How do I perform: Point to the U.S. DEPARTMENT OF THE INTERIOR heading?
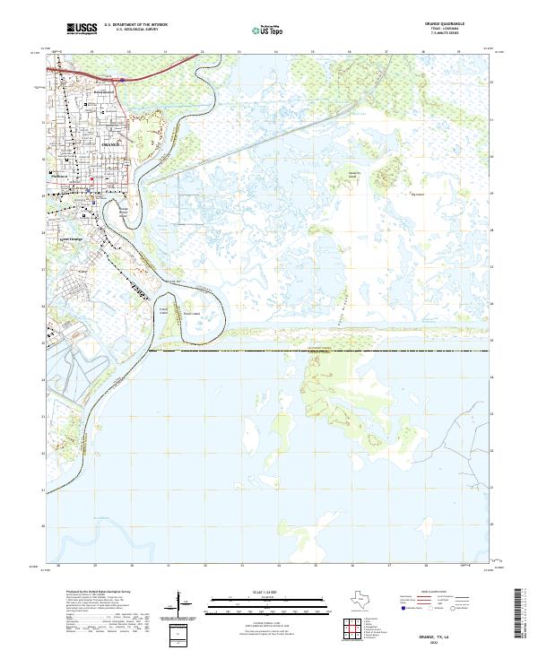(135, 25)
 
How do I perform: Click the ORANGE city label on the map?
(110, 143)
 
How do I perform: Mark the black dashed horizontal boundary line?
(323, 351)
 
